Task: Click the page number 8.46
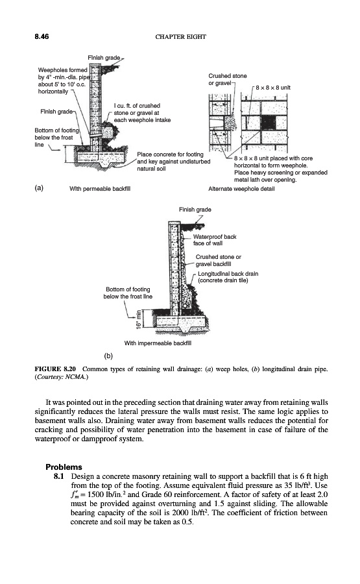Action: [42, 36]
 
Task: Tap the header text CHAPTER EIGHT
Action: [180, 36]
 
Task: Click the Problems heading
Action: [64, 467]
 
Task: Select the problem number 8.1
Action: [59, 476]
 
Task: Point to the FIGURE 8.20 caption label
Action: [55, 369]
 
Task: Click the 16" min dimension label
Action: [139, 319]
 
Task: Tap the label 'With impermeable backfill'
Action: [158, 343]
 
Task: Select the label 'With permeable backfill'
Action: [100, 189]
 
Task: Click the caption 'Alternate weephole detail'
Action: [241, 189]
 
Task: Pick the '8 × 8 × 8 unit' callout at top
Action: [273, 88]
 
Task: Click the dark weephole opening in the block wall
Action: [268, 122]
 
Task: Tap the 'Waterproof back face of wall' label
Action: [215, 240]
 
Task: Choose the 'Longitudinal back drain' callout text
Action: [228, 274]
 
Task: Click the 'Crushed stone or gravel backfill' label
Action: [218, 260]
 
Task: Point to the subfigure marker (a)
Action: [39, 188]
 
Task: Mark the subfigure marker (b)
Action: [108, 356]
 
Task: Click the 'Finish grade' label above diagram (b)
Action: [195, 210]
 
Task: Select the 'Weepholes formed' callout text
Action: [62, 69]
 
